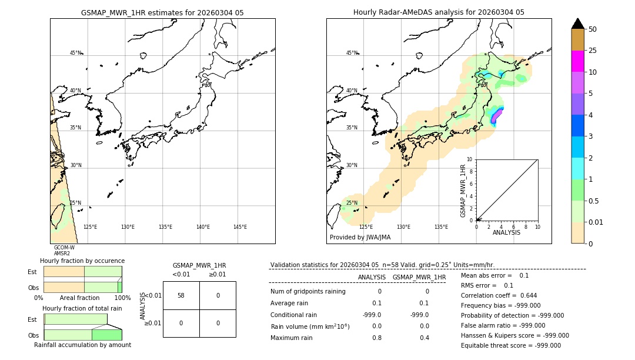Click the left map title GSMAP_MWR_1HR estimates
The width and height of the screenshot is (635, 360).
[162, 12]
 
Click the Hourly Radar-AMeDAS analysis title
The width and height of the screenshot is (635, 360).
[439, 12]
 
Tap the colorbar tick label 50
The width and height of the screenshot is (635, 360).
[593, 29]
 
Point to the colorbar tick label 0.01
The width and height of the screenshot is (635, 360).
[596, 222]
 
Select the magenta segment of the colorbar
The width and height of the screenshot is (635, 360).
[577, 61]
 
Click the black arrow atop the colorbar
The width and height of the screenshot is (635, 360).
[577, 24]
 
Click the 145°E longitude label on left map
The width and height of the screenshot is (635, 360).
[240, 227]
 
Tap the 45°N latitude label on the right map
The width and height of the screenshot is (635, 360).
[351, 53]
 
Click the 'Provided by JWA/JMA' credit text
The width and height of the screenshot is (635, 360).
[360, 238]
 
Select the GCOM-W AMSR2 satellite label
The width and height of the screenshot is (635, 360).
[64, 251]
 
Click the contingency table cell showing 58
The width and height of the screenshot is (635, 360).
[181, 295]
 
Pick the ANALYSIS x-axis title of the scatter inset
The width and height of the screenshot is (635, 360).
[506, 232]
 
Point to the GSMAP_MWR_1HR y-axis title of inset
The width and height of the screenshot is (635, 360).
[463, 190]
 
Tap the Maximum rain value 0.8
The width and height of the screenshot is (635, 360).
[376, 338]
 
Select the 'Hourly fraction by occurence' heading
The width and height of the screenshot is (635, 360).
[82, 261]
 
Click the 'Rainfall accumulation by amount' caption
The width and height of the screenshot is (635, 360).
[82, 345]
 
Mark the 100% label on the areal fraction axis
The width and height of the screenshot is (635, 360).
[122, 298]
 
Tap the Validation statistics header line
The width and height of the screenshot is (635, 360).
[382, 265]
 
